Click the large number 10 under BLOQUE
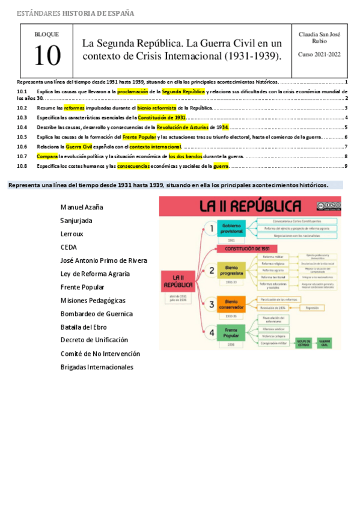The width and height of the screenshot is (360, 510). point(47,55)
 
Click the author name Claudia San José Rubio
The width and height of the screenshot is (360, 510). point(319,37)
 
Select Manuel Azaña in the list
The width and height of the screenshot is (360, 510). point(82,207)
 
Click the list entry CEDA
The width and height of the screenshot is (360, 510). point(69,247)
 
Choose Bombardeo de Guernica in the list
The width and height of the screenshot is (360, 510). point(97,314)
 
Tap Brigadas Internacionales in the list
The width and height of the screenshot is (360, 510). point(97,367)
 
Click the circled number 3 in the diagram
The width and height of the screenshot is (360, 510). point(211,304)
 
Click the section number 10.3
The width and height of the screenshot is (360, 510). point(22,118)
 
